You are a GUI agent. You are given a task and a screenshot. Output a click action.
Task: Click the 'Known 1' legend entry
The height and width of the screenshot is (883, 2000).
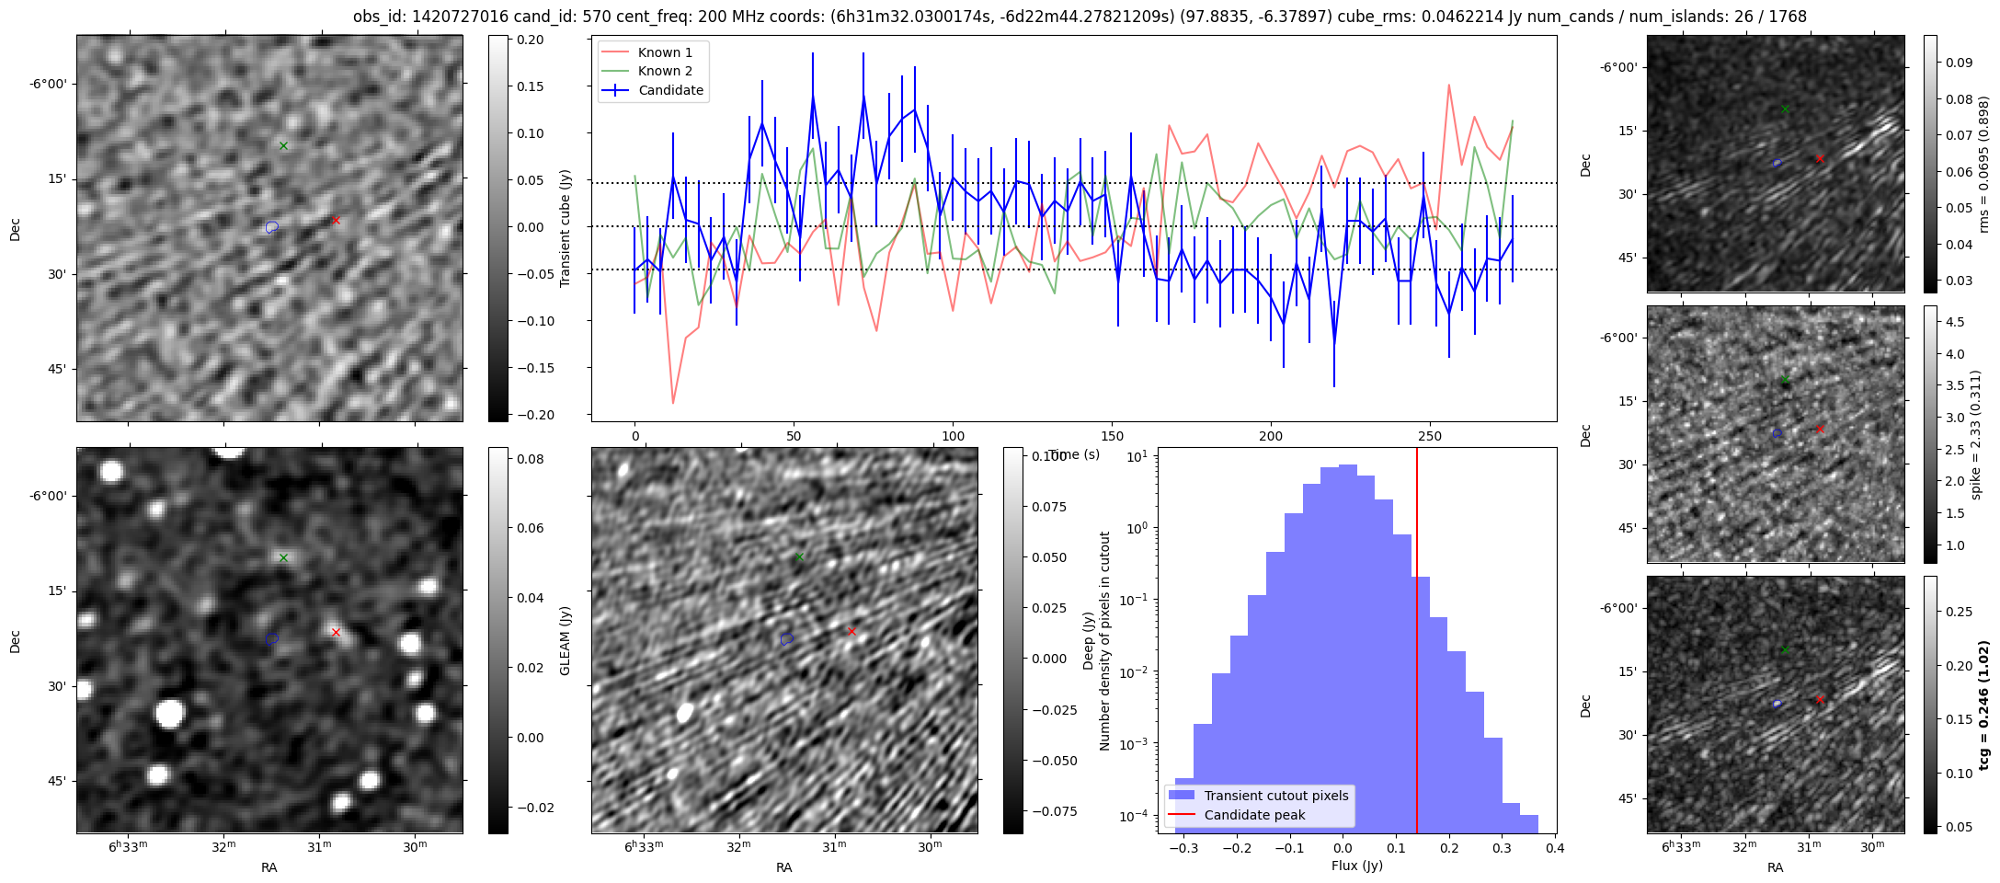[665, 52]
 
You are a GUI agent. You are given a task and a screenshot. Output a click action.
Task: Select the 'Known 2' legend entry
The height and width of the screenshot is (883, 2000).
[665, 71]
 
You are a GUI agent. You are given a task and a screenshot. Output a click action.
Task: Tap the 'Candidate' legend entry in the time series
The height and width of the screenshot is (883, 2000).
[670, 90]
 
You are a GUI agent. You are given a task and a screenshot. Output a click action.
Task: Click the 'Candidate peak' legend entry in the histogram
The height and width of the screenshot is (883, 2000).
[1254, 815]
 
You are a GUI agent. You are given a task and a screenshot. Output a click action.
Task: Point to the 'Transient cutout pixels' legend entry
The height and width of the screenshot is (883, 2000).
[1275, 796]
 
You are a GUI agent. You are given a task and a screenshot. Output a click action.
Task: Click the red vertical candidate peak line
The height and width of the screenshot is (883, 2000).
[1417, 644]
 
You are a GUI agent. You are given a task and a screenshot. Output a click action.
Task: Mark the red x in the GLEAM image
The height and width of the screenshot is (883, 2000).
[336, 632]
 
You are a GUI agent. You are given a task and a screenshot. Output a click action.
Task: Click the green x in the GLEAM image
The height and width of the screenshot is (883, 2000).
[284, 557]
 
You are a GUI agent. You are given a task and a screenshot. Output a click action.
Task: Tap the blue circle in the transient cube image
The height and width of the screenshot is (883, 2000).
[271, 227]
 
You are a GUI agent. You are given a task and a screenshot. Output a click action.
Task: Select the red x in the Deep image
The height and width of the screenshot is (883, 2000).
[851, 631]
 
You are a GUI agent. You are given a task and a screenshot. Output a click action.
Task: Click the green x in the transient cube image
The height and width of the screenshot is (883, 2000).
[284, 145]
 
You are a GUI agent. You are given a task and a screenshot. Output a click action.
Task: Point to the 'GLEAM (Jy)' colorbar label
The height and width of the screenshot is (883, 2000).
[566, 640]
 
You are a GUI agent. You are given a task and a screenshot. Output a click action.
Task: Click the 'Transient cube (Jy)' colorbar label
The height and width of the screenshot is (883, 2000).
[566, 228]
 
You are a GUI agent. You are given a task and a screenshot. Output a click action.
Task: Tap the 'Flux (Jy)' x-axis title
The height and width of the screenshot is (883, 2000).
[1356, 866]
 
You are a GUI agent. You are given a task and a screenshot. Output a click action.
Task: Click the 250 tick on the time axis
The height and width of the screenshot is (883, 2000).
[1430, 435]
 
